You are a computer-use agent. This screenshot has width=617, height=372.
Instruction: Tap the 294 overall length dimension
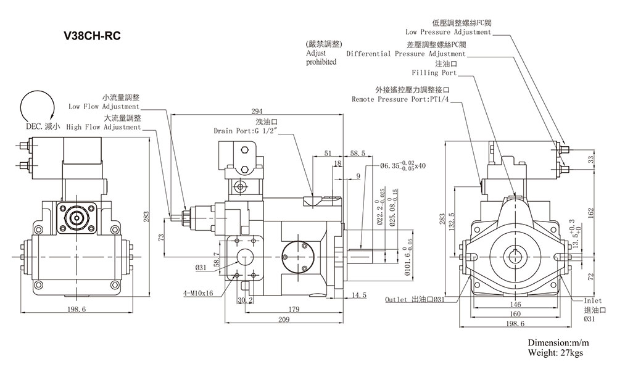coord(256,111)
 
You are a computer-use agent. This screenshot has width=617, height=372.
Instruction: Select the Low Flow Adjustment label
coord(104,106)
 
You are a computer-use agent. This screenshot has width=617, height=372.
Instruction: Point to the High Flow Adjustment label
coord(104,127)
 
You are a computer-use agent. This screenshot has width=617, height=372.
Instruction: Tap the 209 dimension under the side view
coord(283,320)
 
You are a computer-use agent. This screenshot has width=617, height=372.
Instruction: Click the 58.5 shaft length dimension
coord(357,152)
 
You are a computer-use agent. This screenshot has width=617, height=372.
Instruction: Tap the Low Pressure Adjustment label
coord(448,31)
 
